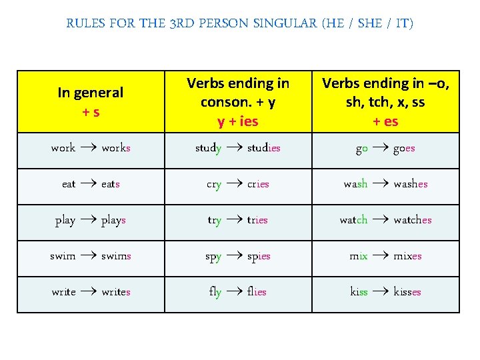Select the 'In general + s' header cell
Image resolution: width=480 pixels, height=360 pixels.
tap(91, 102)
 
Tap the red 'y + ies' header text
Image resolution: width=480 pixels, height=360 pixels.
tap(238, 121)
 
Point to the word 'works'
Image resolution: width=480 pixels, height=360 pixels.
tap(116, 148)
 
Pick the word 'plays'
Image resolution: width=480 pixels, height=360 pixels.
tap(113, 220)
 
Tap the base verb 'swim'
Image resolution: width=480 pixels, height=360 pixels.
tap(63, 256)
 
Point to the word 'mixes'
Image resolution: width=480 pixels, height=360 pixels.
tap(407, 256)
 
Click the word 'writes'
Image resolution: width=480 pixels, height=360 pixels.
tap(116, 292)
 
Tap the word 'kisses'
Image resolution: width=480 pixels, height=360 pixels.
tap(407, 292)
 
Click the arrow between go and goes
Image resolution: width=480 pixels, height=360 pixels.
tap(380, 148)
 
